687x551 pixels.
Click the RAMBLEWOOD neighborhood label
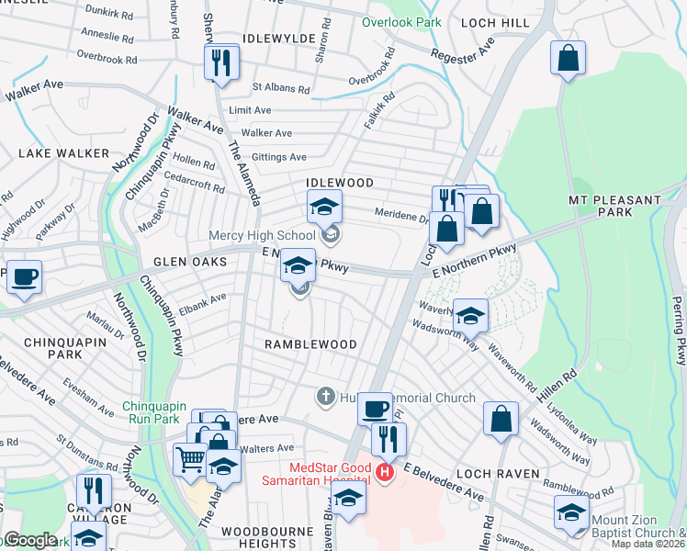(x=310, y=343)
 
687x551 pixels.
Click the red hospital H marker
(x=384, y=473)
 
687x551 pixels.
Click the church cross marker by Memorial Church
(x=324, y=397)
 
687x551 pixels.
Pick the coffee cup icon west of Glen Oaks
(x=25, y=275)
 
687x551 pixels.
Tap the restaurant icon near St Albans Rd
(x=221, y=62)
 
